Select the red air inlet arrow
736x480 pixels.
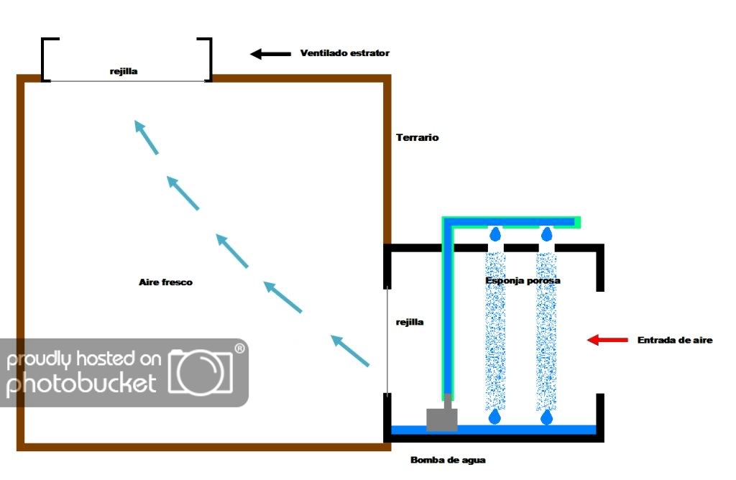pyautogui.click(x=607, y=340)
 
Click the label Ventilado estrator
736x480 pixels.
pyautogui.click(x=344, y=53)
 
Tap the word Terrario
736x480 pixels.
pyautogui.click(x=417, y=137)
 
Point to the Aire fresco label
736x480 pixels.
pyautogui.click(x=165, y=282)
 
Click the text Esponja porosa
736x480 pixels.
pyautogui.click(x=523, y=280)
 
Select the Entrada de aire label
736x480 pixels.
pyautogui.click(x=674, y=340)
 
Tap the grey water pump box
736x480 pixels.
pyautogui.click(x=441, y=419)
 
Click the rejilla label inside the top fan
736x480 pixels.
pyautogui.click(x=123, y=71)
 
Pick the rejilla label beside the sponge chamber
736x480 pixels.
pyautogui.click(x=410, y=322)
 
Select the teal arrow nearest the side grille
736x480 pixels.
pyautogui.click(x=350, y=351)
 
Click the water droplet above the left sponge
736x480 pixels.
pyautogui.click(x=495, y=234)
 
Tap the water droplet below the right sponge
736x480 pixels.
pyautogui.click(x=547, y=417)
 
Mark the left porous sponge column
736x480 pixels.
pyautogui.click(x=495, y=331)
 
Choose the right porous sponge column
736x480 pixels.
pyautogui.click(x=547, y=331)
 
